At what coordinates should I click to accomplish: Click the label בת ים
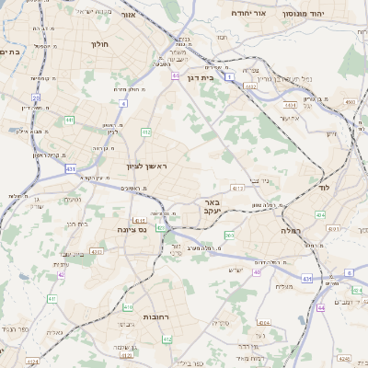(x=9, y=52)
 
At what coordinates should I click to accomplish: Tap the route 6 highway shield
(x=349, y=273)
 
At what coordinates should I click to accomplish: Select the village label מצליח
(x=284, y=286)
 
